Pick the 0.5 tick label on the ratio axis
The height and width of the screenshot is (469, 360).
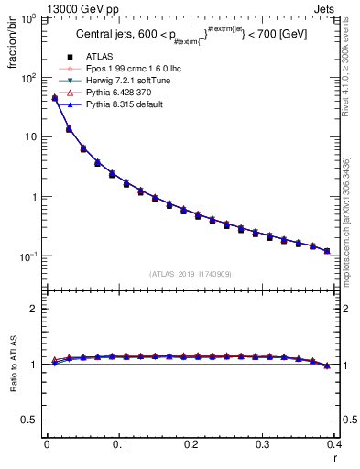(30, 419)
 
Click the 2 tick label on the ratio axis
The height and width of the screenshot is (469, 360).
(34, 309)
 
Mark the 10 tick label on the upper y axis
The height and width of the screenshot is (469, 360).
(30, 137)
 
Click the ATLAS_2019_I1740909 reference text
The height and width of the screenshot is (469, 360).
(191, 274)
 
